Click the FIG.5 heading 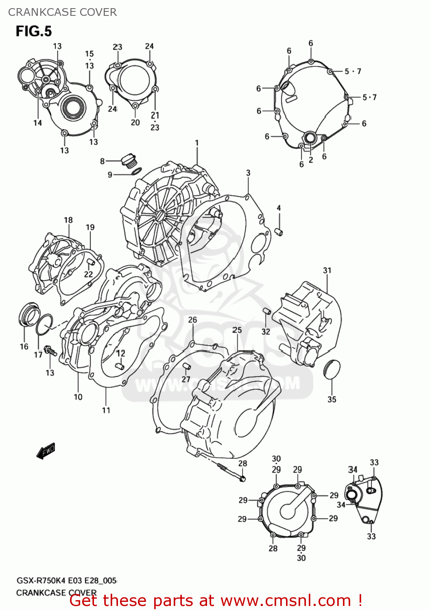coord(34,31)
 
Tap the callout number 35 coord(332,399)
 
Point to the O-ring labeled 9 coord(136,171)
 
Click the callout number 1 coord(197,143)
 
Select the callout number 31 coord(327,270)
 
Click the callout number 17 coord(38,355)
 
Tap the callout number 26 coord(192,320)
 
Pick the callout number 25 coord(237,330)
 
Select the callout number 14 coord(37,123)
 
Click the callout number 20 coord(135,122)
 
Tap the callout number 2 coord(311,160)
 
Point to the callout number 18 coord(68,220)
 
